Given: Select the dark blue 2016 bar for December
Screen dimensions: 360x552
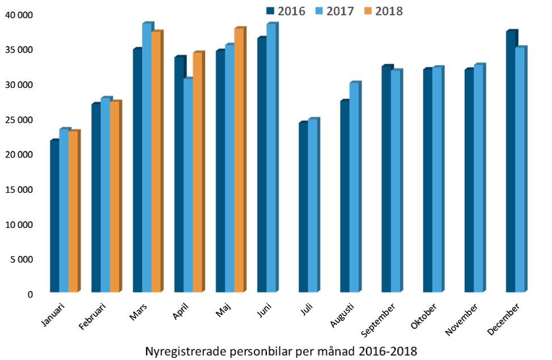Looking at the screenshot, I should point(511,162).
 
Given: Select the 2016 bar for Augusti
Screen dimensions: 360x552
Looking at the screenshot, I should point(345,196).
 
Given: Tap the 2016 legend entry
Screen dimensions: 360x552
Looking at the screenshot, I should point(286,11).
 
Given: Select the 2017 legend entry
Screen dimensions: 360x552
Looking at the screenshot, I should point(335,11).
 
